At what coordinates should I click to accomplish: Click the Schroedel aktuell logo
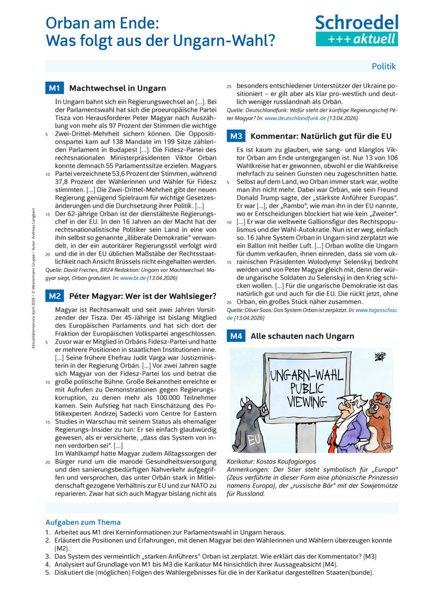pos(357,31)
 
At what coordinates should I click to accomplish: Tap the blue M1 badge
pos(54,88)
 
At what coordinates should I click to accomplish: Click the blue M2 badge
pos(54,295)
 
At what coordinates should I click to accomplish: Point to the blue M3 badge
pos(236,136)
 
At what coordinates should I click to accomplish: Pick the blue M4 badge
pos(236,336)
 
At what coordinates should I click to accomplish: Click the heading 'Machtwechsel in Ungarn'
pos(117,88)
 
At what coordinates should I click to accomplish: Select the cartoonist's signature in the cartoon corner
pos(378,357)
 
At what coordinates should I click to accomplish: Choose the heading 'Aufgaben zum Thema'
pos(83,523)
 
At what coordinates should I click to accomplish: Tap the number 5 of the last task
pos(48,572)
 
